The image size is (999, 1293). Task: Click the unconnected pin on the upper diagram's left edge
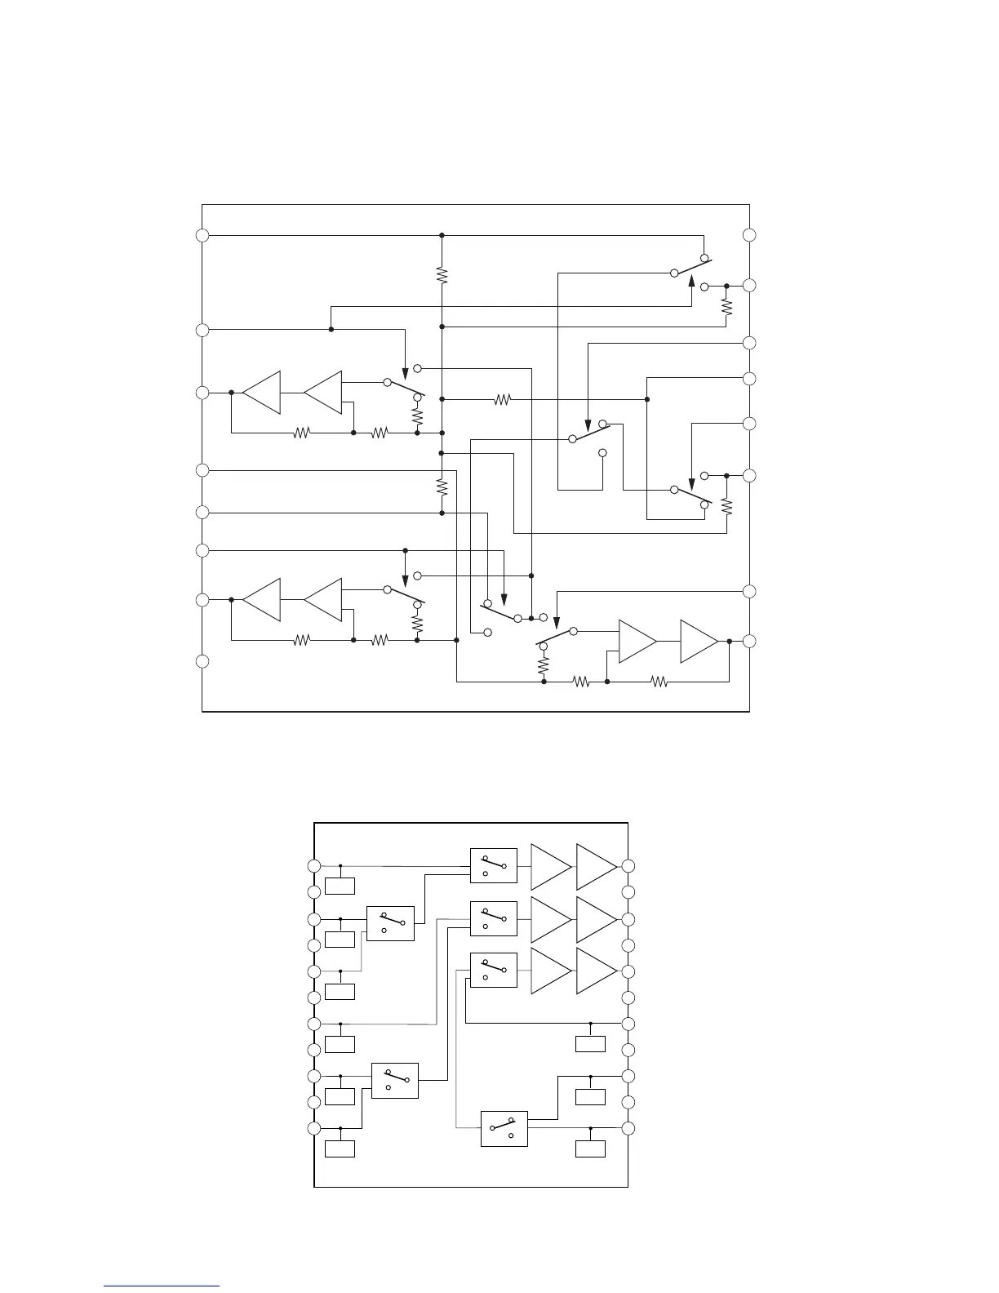[x=202, y=661]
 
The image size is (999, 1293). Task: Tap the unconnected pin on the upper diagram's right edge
[x=750, y=235]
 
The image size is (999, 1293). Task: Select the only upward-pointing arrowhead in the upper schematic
[x=692, y=282]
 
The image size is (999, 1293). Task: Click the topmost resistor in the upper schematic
[x=442, y=275]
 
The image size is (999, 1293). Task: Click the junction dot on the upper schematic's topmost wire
[x=442, y=235]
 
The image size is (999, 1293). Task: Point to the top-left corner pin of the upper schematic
[x=202, y=235]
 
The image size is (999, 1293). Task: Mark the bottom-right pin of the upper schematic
[x=750, y=641]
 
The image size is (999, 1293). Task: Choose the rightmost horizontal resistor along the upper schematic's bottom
[x=659, y=681]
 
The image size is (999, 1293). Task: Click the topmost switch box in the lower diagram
[x=494, y=866]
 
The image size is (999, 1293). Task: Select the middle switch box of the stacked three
[x=494, y=918]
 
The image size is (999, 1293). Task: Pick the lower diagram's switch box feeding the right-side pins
[x=504, y=1129]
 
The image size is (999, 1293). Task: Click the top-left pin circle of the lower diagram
[x=314, y=866]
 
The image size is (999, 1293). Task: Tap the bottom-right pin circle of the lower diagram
[x=628, y=1129]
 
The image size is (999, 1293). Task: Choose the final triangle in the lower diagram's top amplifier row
[x=596, y=866]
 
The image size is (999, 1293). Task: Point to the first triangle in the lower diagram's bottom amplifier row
[x=550, y=971]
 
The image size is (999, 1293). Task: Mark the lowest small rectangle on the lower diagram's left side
[x=340, y=1149]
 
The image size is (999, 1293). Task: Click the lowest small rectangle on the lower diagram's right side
[x=590, y=1149]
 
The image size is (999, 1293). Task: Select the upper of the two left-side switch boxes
[x=390, y=923]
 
